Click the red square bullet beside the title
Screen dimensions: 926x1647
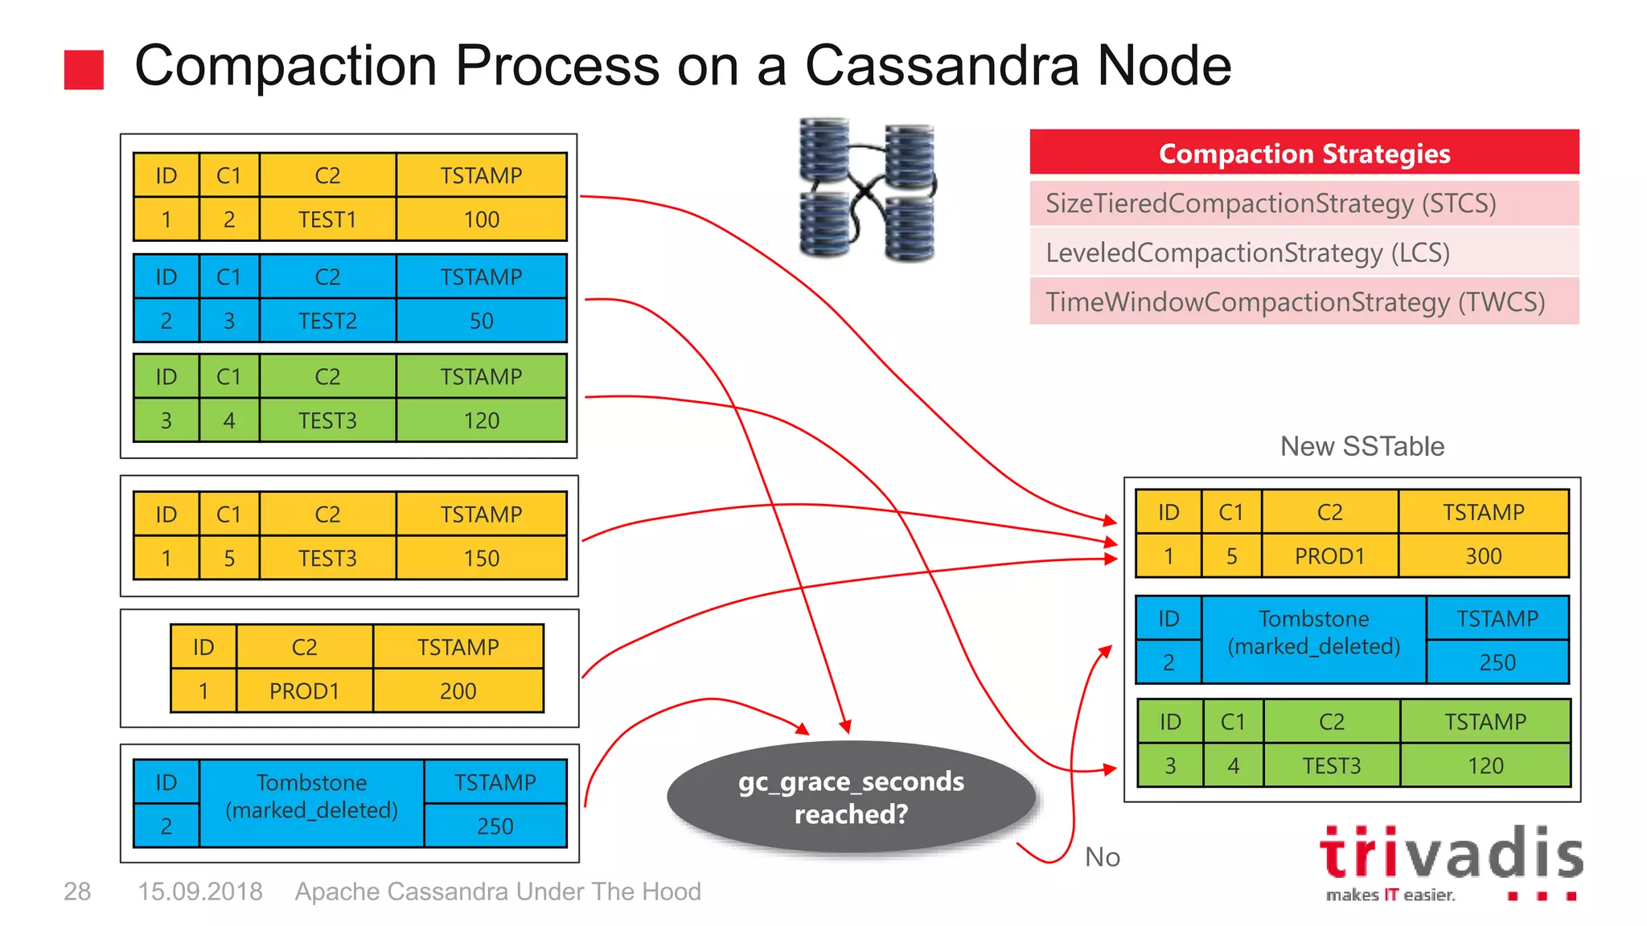(84, 70)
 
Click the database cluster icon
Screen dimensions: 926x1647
(868, 190)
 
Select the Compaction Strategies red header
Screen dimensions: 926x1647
(1304, 153)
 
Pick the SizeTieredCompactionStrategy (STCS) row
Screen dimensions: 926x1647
(1304, 203)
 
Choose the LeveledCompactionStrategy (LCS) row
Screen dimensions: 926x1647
(1304, 252)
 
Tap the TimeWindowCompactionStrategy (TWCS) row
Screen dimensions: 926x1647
(1304, 301)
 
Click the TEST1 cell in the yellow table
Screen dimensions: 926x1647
(327, 219)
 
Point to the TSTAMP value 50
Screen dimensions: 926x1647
(481, 321)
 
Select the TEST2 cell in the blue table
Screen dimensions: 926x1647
(327, 321)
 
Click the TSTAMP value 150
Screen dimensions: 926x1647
(481, 558)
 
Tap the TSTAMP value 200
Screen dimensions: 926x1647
(458, 691)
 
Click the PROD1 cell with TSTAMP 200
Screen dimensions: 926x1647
(304, 691)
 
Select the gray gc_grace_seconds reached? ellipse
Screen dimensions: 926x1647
(851, 797)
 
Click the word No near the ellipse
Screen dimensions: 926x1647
(1102, 857)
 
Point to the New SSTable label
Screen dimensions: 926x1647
(1362, 446)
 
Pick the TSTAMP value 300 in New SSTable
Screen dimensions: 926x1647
(1483, 556)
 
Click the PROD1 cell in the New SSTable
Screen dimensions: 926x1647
(1329, 556)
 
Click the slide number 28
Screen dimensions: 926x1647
(77, 891)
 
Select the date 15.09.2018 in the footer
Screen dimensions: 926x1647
(200, 891)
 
